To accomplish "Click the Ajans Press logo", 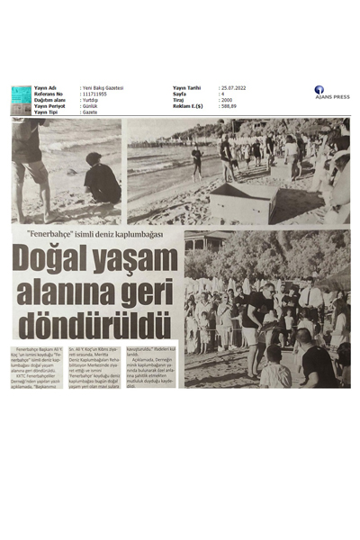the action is pyautogui.click(x=330, y=92).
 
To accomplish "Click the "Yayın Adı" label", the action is pyautogui.click(x=45, y=87).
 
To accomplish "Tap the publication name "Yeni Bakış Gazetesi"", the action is pyautogui.click(x=103, y=87).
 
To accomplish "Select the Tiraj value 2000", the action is pyautogui.click(x=227, y=100).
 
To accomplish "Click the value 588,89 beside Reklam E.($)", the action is pyautogui.click(x=230, y=105).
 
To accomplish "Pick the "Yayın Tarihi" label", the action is pyautogui.click(x=189, y=87).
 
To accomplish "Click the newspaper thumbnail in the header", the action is pyautogui.click(x=21, y=100).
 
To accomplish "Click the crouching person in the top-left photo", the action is pyautogui.click(x=101, y=179).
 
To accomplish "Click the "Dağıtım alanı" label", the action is pyautogui.click(x=50, y=100).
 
